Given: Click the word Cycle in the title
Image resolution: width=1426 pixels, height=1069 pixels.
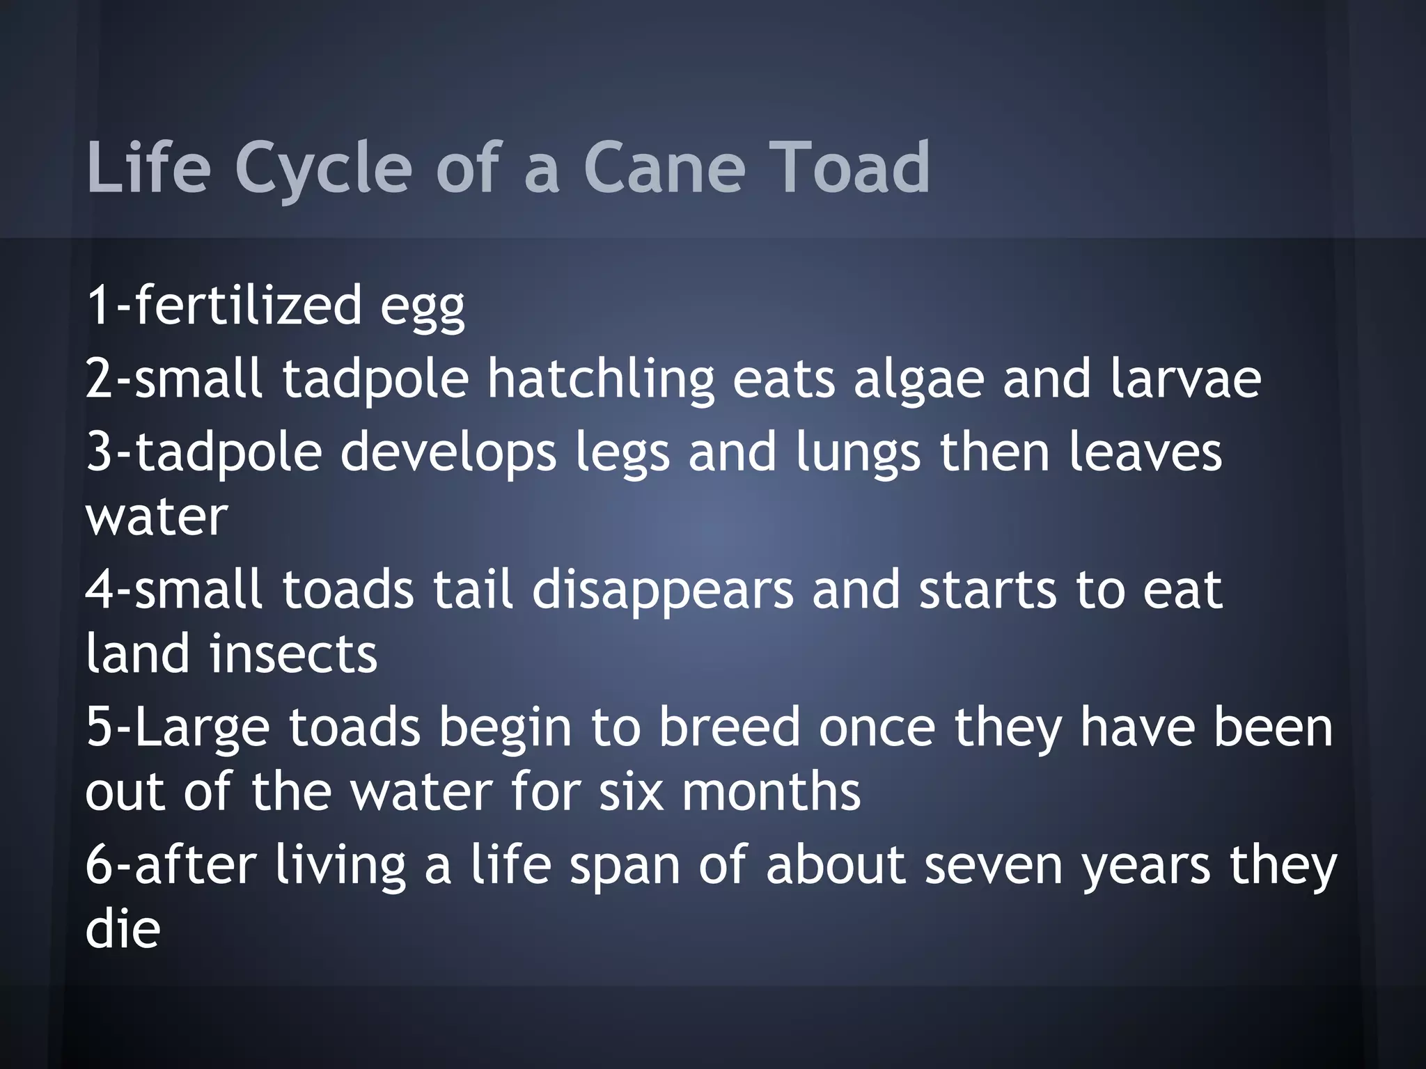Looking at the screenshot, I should click(324, 168).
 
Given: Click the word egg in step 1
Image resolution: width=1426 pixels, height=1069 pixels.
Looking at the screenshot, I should click(423, 308).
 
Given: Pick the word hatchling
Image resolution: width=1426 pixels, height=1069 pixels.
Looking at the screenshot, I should click(601, 380).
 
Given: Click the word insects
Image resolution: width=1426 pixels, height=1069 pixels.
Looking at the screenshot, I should click(294, 654).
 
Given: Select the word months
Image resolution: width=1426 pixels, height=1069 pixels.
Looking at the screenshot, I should click(771, 792).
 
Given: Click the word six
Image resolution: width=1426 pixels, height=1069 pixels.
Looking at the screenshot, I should click(632, 792).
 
